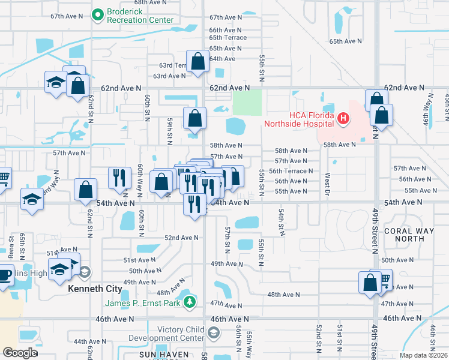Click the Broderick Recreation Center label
pyautogui.click(x=140, y=16)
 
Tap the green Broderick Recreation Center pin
pyautogui.click(x=98, y=13)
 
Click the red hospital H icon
pyautogui.click(x=343, y=119)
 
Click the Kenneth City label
pyautogui.click(x=95, y=289)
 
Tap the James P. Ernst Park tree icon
pyautogui.click(x=190, y=301)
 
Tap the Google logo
pyautogui.click(x=19, y=352)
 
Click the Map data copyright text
pyautogui.click(x=423, y=355)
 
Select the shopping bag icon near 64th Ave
pyautogui.click(x=197, y=61)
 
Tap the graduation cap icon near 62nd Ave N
pyautogui.click(x=56, y=82)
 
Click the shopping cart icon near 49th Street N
pyautogui.click(x=383, y=279)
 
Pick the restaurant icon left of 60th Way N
pyautogui.click(x=119, y=177)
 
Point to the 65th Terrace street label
pyautogui.click(x=228, y=38)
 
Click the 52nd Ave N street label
pyautogui.click(x=181, y=238)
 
